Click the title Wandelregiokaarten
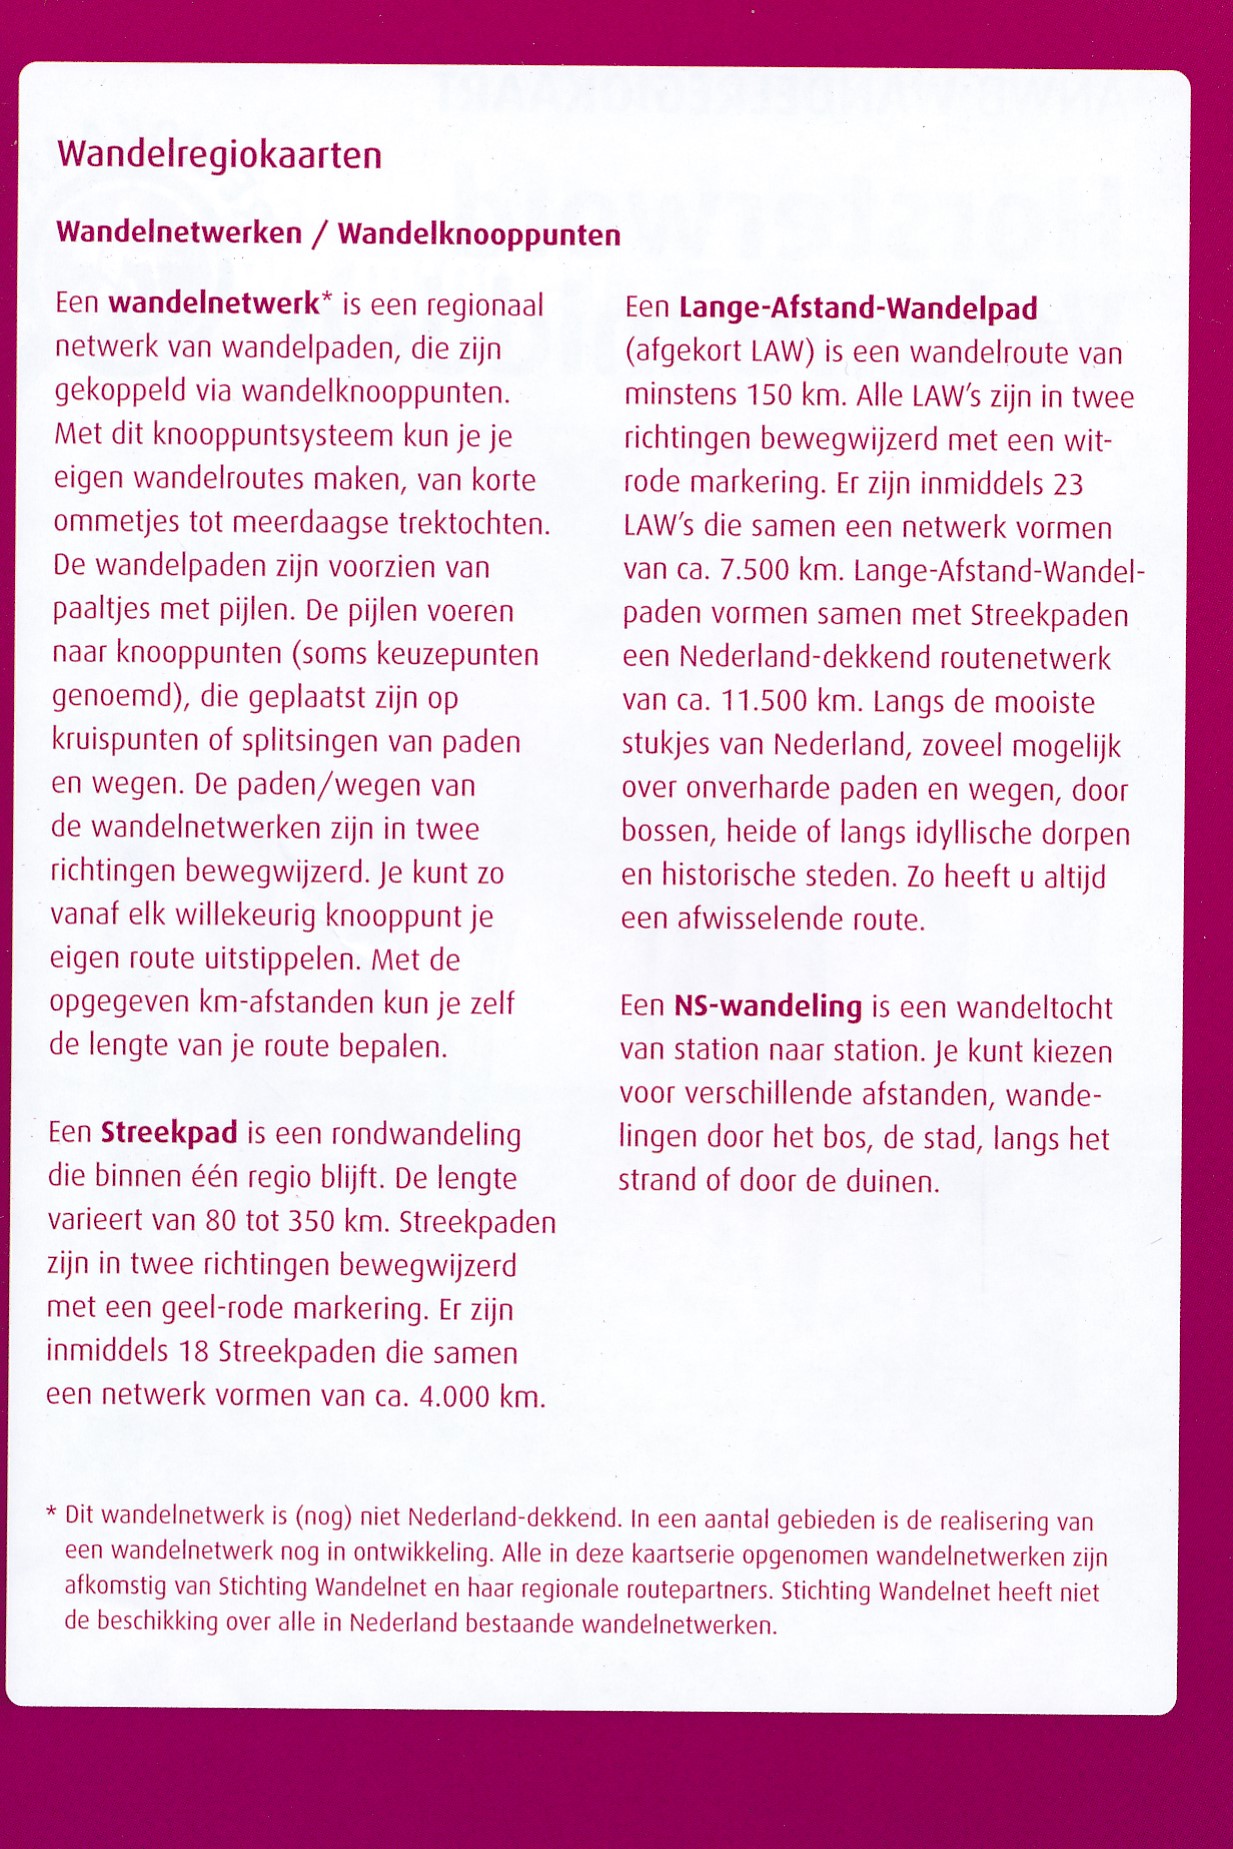pos(219,156)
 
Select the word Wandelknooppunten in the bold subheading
pos(479,235)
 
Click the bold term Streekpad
pos(169,1133)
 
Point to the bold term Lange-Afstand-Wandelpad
pos(858,308)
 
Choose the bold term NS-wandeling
pos(767,1006)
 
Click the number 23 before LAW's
pos(1067,484)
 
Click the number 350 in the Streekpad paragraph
pos(311,1221)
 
